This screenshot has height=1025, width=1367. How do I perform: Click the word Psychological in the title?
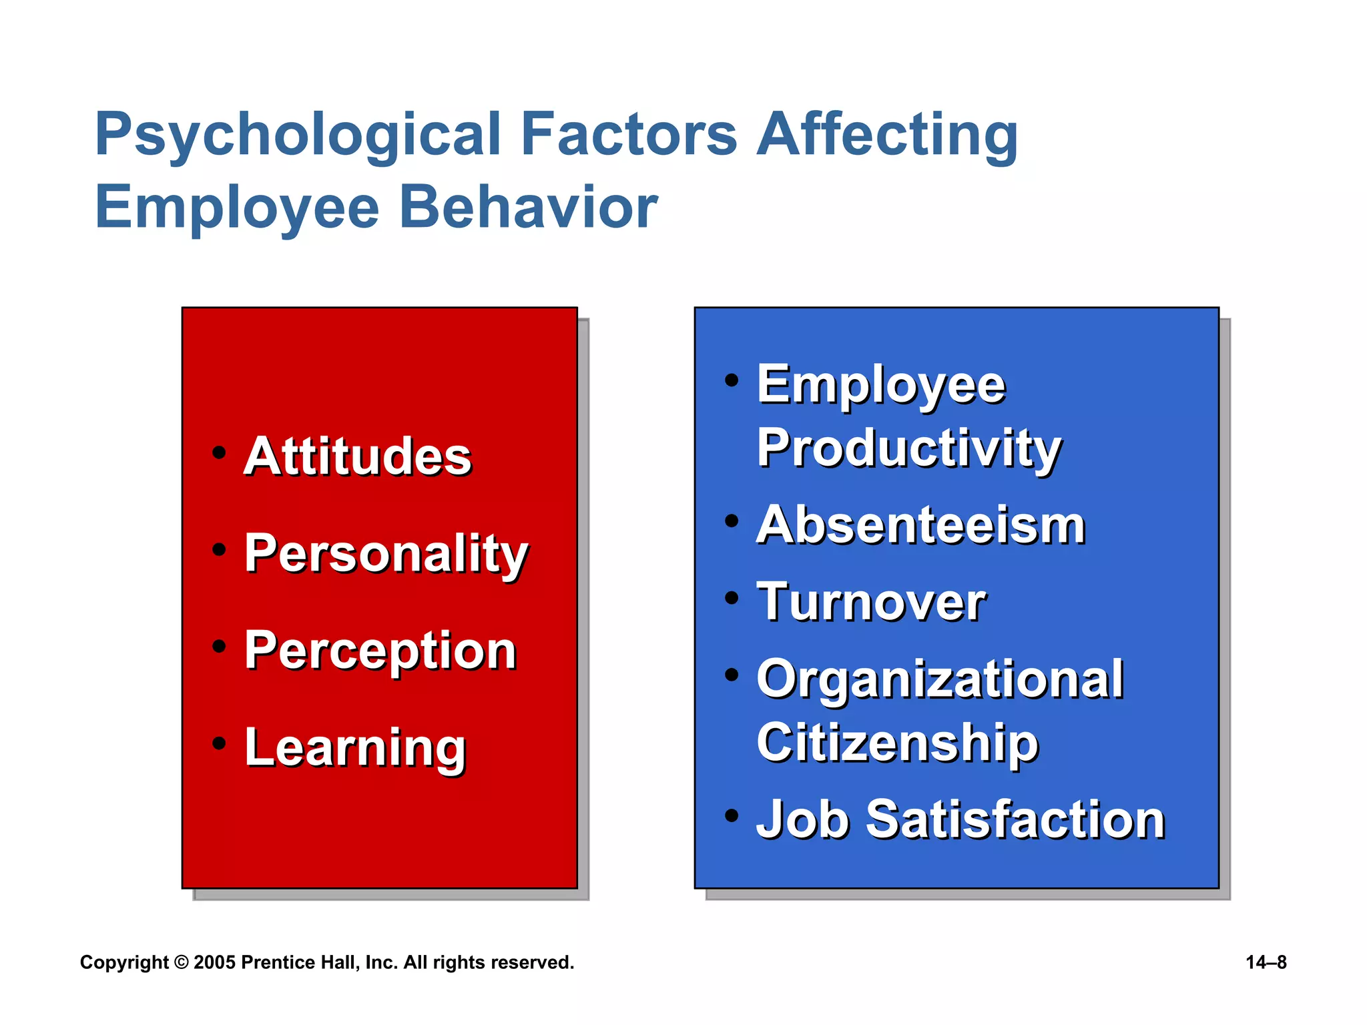point(298,136)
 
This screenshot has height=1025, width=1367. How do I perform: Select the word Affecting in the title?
point(887,136)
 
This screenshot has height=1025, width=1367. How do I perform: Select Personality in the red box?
point(386,554)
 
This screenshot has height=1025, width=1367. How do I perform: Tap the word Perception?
point(380,651)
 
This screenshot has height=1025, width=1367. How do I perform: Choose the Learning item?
point(355,749)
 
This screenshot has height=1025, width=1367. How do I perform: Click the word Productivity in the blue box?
point(908,448)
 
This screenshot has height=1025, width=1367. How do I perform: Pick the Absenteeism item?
point(920,526)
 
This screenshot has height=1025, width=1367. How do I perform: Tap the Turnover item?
point(871,602)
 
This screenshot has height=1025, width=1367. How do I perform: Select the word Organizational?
point(940,680)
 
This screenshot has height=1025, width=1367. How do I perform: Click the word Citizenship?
point(897,743)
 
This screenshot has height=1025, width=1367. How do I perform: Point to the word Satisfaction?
point(1015,819)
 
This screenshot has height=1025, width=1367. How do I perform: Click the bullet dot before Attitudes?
point(219,453)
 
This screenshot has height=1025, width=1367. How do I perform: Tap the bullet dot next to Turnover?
point(732,598)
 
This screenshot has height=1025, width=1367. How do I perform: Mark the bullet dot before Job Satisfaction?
point(732,815)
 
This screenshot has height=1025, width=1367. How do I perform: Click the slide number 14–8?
point(1266,962)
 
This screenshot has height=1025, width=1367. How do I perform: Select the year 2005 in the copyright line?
point(214,962)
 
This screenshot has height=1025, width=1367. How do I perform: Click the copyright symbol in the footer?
point(181,962)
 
